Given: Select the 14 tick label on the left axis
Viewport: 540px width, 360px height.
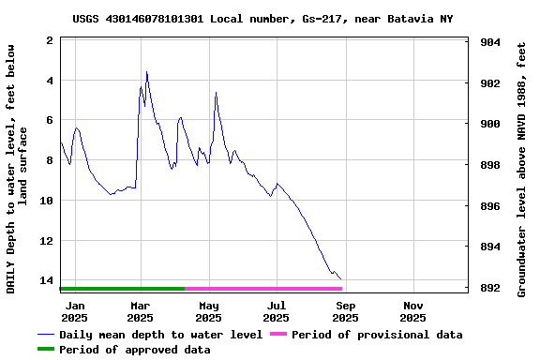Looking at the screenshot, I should click(45, 280).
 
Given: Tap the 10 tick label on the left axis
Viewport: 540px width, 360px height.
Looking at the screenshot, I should click(45, 201).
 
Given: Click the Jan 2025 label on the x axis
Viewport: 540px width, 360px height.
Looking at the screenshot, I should click(74, 311).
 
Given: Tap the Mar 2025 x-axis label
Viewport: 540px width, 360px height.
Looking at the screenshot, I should click(140, 311).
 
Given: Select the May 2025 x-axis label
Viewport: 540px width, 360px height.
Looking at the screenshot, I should click(208, 311).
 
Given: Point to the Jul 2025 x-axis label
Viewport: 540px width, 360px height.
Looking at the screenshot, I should click(277, 311).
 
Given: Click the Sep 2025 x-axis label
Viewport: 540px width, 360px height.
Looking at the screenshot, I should click(345, 311).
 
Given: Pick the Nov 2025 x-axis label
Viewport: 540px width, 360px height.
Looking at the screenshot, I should click(413, 311).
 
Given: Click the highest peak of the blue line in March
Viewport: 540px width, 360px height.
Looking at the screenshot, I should click(146, 71).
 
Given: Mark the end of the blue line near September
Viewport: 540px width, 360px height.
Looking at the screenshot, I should click(340, 279).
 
